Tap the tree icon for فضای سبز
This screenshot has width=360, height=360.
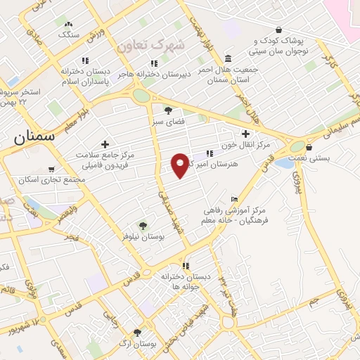click(167, 110)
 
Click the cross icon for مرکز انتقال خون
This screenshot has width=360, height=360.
click(245, 134)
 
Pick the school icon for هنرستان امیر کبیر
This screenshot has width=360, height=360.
click(210, 153)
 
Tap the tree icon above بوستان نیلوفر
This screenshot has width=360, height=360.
click(143, 226)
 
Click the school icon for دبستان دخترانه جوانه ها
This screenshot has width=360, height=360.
click(186, 266)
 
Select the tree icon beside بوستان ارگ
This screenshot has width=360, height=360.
click(136, 333)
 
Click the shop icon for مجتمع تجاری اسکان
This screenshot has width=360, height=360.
click(51, 169)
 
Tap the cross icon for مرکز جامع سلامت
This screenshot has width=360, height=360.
click(105, 144)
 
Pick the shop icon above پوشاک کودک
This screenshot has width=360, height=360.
click(279, 30)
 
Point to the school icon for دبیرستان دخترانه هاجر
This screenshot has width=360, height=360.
click(154, 63)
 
